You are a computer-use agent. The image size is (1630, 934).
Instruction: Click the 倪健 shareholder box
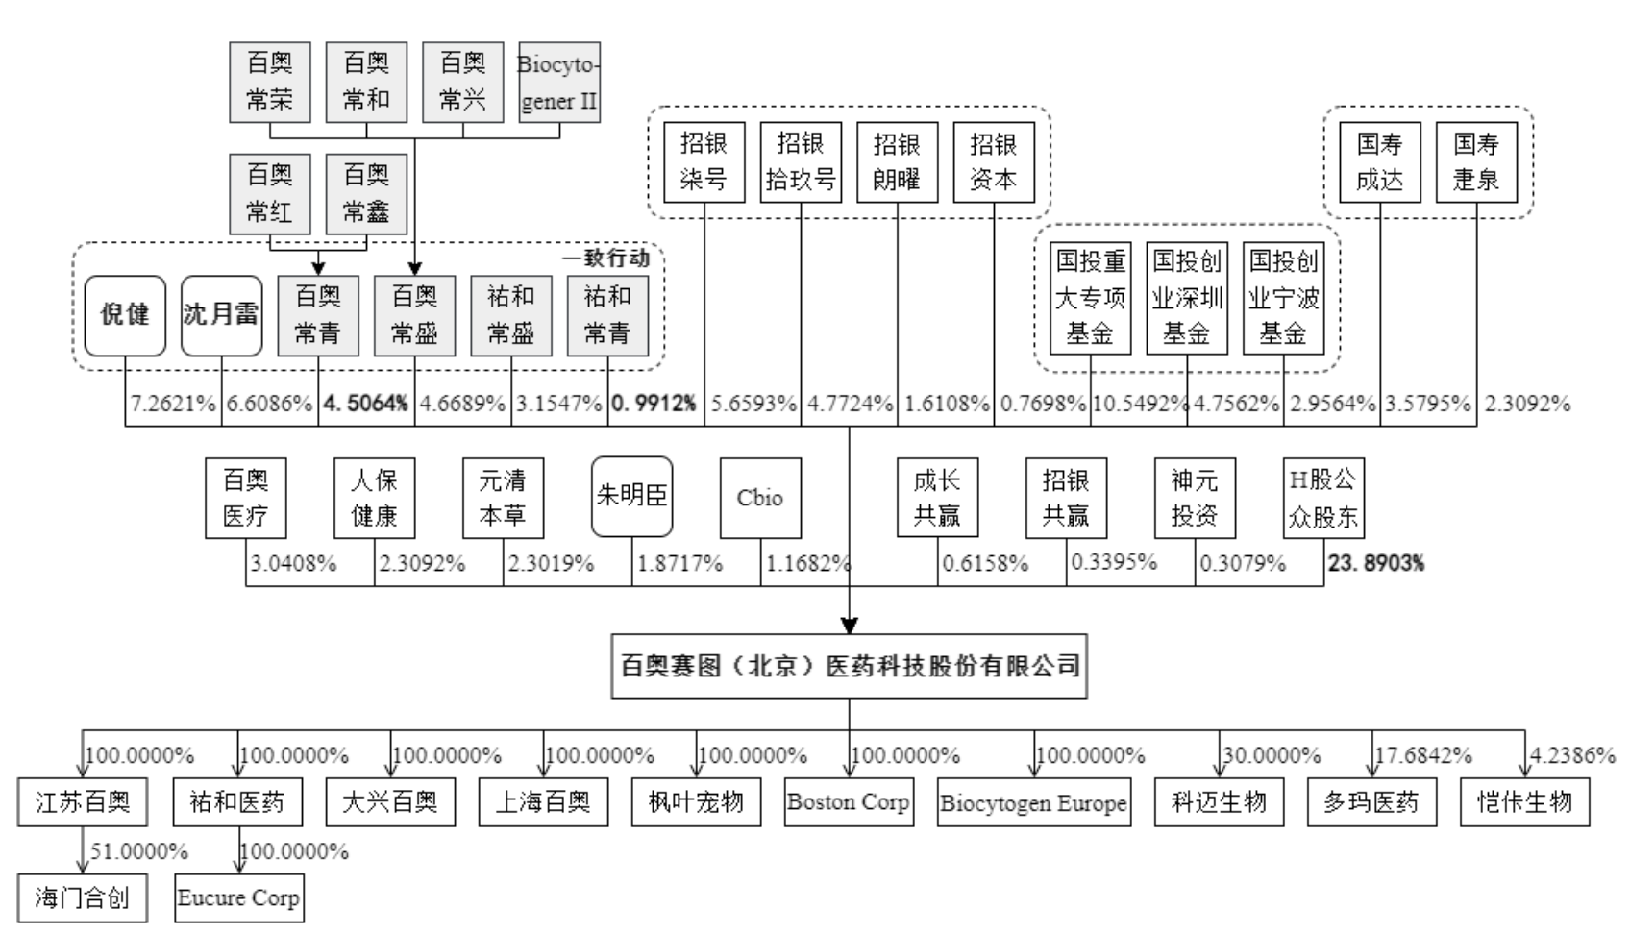[125, 316]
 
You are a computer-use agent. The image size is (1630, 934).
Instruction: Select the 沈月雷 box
[221, 316]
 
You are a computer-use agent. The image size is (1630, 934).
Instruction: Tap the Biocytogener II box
[558, 83]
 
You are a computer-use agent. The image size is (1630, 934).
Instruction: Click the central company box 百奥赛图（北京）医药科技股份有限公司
[850, 666]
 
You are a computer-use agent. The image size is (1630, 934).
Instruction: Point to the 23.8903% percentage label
[1376, 563]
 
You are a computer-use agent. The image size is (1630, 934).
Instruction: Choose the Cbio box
[760, 499]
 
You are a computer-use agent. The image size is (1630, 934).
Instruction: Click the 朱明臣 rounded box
[631, 497]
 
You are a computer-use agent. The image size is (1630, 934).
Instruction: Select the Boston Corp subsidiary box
[850, 802]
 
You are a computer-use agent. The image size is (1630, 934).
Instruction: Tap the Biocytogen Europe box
[1034, 802]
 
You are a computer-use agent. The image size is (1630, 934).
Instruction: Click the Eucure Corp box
[239, 897]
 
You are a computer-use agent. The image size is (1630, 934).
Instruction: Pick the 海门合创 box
[83, 897]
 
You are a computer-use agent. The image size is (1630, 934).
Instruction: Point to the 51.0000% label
[139, 851]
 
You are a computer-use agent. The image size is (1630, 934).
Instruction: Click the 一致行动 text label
[605, 258]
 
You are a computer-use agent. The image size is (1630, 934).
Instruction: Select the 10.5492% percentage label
[1140, 403]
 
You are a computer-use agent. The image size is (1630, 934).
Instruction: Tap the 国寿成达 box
[1380, 162]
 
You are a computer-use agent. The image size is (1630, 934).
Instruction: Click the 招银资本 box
[994, 162]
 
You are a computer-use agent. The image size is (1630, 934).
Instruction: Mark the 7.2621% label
[173, 403]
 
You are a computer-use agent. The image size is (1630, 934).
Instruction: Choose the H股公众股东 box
[1323, 499]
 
